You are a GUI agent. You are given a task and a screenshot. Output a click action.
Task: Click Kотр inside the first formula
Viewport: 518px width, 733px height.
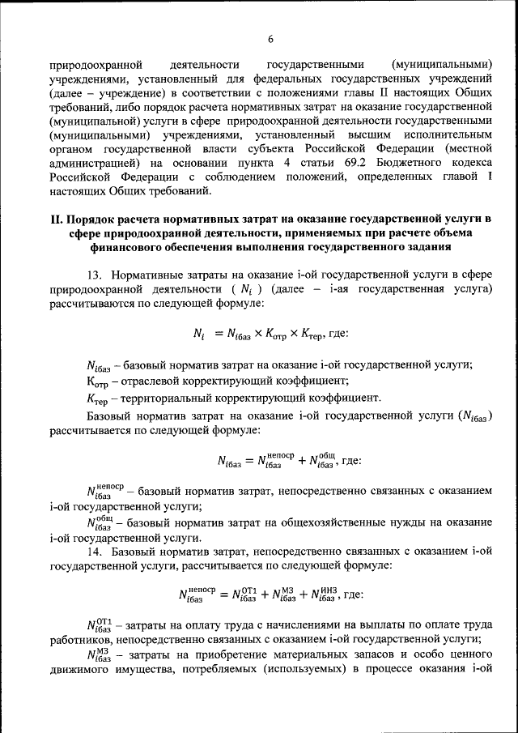278,335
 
